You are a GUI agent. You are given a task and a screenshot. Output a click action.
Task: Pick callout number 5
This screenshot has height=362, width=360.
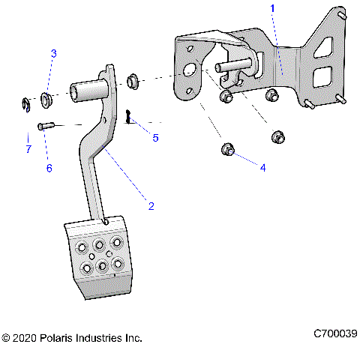coord(155,138)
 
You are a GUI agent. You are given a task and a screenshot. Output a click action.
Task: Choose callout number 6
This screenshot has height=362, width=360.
coord(49,168)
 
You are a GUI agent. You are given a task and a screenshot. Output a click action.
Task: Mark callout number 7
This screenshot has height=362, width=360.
coord(28,150)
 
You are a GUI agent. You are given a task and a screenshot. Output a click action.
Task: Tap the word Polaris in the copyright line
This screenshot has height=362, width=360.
coord(56,339)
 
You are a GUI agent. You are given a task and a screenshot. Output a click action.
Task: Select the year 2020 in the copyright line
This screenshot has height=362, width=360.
coord(25,339)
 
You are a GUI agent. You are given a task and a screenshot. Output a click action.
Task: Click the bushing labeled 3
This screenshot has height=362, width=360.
coord(44,98)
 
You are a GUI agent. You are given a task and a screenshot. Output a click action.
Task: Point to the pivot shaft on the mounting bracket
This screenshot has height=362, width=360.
coord(229,67)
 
